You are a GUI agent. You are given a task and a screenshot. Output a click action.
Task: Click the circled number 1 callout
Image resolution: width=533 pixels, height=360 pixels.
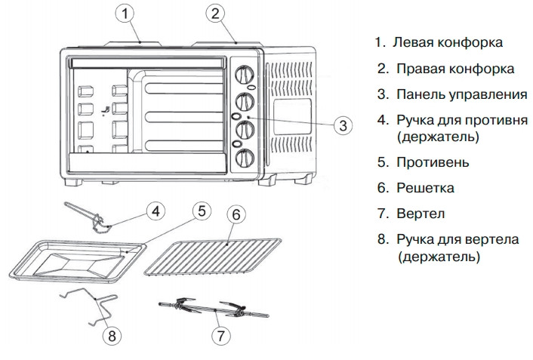128,12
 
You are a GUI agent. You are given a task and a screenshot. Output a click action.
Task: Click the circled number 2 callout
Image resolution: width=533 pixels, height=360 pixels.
216,12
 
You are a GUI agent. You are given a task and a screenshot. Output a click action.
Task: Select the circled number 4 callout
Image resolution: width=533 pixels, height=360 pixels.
154,211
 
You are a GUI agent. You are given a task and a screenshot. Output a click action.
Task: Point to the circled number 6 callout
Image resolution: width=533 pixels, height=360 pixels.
236,214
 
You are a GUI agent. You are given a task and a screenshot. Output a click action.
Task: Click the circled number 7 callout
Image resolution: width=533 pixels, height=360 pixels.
220,334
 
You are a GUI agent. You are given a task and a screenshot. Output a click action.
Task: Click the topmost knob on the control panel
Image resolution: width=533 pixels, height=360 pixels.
245,75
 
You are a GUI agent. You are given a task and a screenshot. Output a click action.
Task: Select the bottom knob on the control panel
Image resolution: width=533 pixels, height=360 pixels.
245,158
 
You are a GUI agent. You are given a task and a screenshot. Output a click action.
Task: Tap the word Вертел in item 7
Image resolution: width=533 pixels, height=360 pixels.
421,214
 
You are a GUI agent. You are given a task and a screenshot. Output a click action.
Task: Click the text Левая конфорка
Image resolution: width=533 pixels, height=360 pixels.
447,43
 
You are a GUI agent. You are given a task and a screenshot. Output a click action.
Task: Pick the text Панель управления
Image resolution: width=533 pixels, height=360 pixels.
461,94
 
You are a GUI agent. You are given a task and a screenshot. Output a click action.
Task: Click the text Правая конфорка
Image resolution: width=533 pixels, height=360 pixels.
455,69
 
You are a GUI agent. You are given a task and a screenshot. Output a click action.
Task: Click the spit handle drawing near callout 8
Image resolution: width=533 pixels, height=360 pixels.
91,306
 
